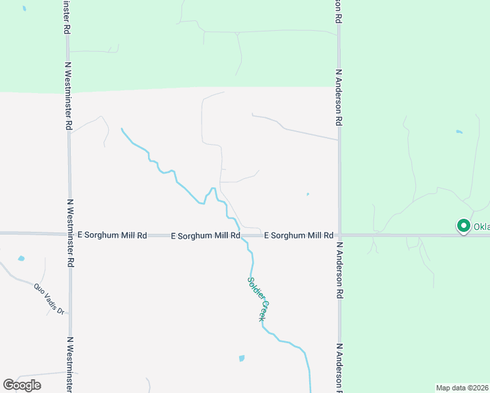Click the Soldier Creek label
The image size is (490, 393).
tap(257, 299)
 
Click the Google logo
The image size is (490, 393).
tap(22, 384)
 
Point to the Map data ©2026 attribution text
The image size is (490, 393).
tap(462, 388)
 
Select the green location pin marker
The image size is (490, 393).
tap(463, 226)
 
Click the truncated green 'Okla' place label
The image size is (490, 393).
tap(481, 227)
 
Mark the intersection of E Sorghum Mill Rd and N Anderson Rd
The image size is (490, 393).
tap(339, 234)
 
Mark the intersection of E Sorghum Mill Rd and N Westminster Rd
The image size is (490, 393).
tap(68, 233)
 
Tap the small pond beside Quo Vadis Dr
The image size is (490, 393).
tap(21, 259)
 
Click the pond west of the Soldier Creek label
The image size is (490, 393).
tap(242, 358)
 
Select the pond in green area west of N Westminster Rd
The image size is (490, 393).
tap(24, 9)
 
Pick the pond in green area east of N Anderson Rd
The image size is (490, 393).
tap(459, 132)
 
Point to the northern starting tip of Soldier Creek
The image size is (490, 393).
tap(122, 129)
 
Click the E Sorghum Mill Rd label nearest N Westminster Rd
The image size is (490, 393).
tap(113, 234)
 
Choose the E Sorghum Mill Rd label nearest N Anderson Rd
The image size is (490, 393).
tap(299, 234)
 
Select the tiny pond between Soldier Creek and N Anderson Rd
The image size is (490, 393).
tap(307, 194)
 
